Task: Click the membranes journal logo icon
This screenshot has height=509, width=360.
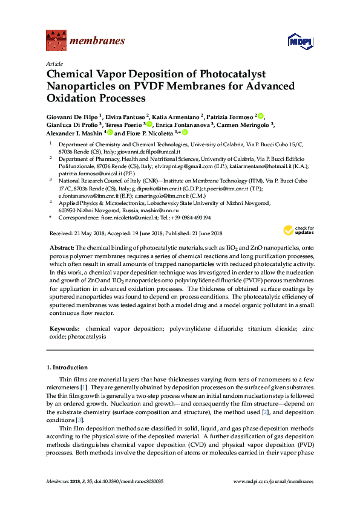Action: tap(56, 41)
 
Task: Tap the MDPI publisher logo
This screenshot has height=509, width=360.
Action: tap(301, 42)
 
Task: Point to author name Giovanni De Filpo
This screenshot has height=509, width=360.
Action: tap(73, 116)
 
